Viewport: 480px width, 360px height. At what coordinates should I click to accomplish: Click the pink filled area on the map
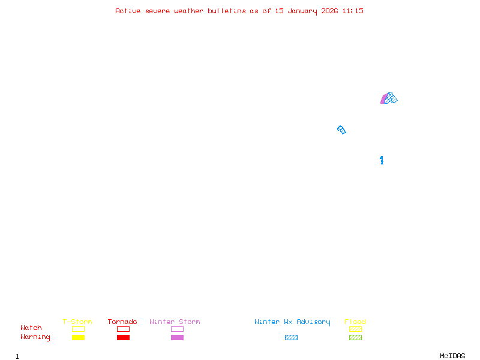coord(383,100)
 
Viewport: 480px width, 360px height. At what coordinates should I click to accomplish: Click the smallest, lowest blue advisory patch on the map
coord(382,160)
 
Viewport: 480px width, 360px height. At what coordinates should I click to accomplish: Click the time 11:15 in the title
coord(353,11)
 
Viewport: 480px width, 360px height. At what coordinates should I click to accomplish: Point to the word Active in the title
coord(128,11)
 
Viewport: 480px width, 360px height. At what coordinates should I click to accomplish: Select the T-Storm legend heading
coord(77,322)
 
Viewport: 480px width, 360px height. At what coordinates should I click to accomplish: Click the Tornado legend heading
coord(122,322)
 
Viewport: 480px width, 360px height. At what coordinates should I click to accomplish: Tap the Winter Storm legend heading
coord(175,322)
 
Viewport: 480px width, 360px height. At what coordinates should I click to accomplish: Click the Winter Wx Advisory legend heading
coord(292,322)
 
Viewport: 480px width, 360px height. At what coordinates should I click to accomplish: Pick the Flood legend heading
coord(355,322)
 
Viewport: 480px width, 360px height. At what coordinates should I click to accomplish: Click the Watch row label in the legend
coord(31,328)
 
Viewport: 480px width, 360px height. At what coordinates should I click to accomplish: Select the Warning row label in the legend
coord(35,337)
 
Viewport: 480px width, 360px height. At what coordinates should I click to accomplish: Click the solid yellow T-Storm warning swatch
coord(78,338)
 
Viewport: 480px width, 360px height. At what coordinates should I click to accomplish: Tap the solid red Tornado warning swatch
coord(123,338)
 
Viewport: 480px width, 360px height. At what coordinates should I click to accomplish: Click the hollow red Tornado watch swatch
coord(123,329)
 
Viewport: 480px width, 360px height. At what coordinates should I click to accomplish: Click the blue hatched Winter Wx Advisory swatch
coord(291,338)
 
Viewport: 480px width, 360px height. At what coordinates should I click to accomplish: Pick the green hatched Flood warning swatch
coord(355,338)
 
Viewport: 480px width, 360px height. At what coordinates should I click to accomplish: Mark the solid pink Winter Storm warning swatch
coord(177,338)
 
